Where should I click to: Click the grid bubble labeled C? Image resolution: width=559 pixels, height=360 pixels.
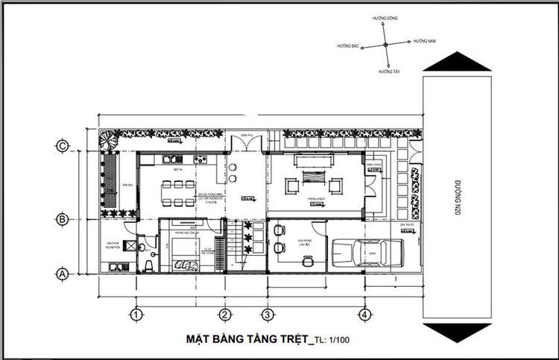click(63, 146)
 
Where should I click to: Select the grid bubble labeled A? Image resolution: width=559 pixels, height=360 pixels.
click(63, 274)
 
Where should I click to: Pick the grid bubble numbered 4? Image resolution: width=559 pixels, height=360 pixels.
click(364, 314)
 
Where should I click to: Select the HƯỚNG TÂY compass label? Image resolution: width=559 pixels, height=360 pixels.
click(388, 72)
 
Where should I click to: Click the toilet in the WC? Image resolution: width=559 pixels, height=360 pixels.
click(149, 266)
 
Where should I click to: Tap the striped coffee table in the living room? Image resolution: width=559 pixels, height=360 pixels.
click(314, 181)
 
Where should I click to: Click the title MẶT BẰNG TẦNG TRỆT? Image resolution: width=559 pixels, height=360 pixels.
click(246, 340)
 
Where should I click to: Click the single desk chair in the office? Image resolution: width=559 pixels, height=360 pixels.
click(306, 260)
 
